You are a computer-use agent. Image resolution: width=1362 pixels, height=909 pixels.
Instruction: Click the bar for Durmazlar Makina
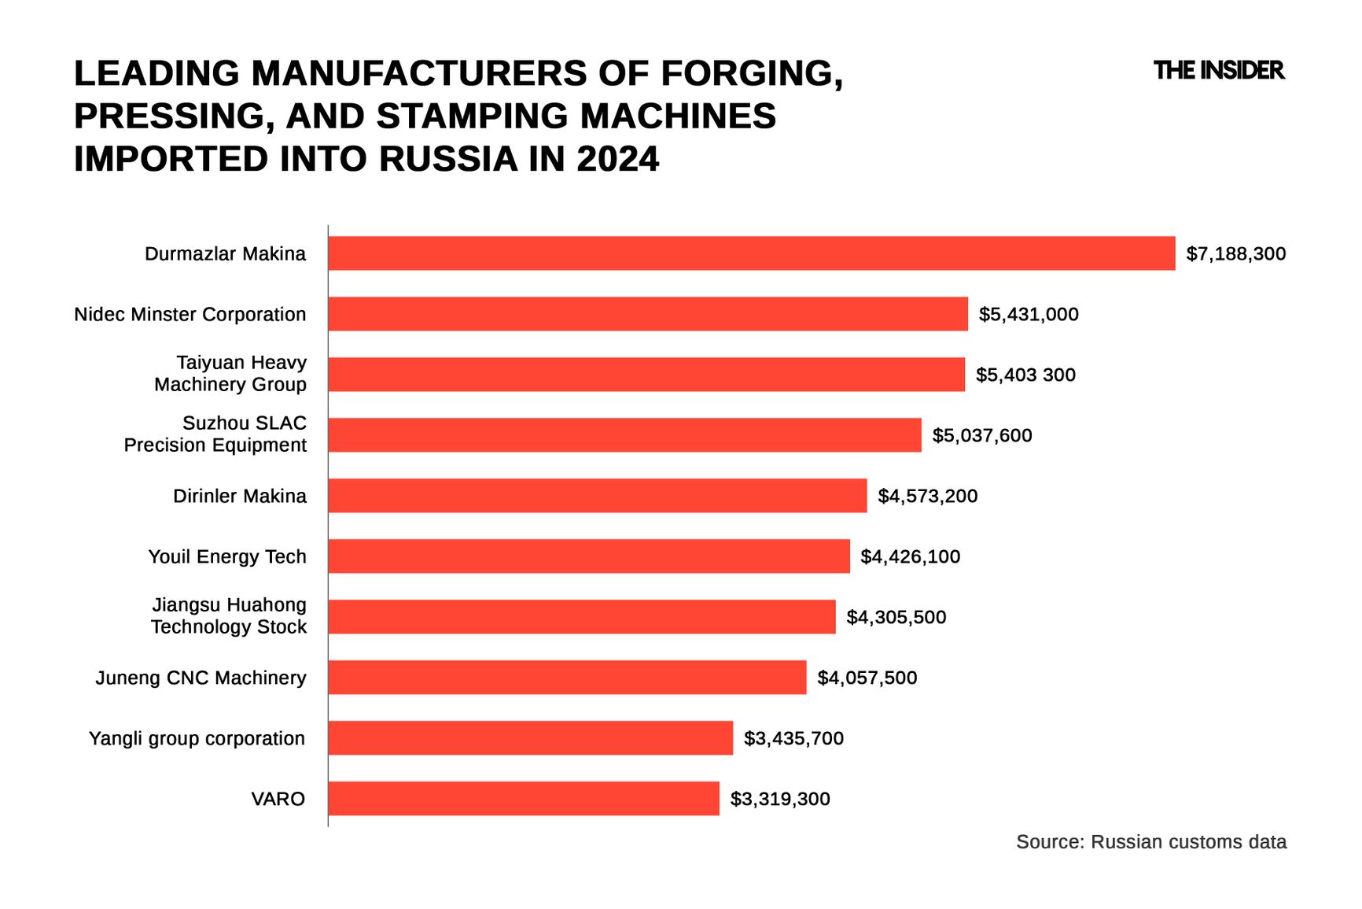[x=751, y=253]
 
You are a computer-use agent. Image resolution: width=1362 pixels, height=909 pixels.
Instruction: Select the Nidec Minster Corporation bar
[x=647, y=314]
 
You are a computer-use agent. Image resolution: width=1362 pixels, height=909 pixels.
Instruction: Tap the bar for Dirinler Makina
[x=597, y=496]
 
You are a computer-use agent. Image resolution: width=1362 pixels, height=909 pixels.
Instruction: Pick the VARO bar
[x=523, y=799]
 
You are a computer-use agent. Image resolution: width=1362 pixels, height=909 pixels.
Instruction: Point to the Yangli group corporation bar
[x=530, y=738]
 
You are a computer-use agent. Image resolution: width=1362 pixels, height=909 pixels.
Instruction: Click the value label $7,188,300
[x=1235, y=254]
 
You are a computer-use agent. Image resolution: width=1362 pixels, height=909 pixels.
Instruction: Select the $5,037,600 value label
[x=981, y=435]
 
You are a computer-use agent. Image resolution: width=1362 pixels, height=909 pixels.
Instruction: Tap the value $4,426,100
[x=910, y=556]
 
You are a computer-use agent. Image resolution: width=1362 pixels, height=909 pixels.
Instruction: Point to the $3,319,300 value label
[x=779, y=799]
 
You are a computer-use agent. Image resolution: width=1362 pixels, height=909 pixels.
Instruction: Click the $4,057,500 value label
[x=867, y=678]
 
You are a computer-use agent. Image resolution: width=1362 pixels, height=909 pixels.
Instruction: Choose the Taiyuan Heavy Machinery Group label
[x=230, y=374]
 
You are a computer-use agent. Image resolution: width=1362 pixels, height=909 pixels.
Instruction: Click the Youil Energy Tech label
[x=227, y=556]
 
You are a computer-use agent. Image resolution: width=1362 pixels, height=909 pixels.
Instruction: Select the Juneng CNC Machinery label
[x=201, y=678]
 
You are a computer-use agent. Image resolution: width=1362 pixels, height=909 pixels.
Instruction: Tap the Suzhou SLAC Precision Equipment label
[x=215, y=434]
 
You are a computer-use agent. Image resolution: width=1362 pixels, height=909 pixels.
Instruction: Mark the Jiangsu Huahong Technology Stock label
[x=229, y=616]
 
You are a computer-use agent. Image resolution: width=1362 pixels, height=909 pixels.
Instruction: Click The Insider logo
[x=1218, y=71]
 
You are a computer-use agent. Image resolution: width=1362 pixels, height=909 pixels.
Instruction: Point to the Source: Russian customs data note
[x=1150, y=842]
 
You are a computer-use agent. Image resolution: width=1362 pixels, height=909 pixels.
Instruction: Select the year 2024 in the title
[x=617, y=159]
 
